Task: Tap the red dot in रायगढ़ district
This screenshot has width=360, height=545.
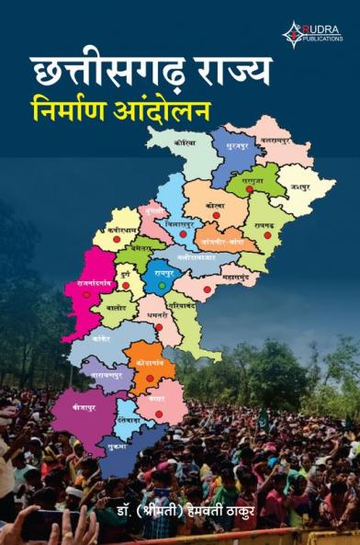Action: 267,235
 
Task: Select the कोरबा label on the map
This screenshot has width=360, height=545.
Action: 216,204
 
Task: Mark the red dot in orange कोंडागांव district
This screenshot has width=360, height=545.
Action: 150,377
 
